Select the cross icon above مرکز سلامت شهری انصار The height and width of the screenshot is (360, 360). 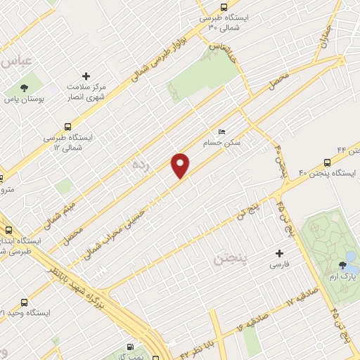coord(86,76)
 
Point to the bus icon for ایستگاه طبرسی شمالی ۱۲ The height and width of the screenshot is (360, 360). coord(67,127)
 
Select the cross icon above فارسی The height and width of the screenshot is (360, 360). coord(280,253)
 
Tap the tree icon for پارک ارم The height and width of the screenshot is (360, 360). coord(342,265)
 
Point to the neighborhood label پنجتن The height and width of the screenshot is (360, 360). coord(231,261)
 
